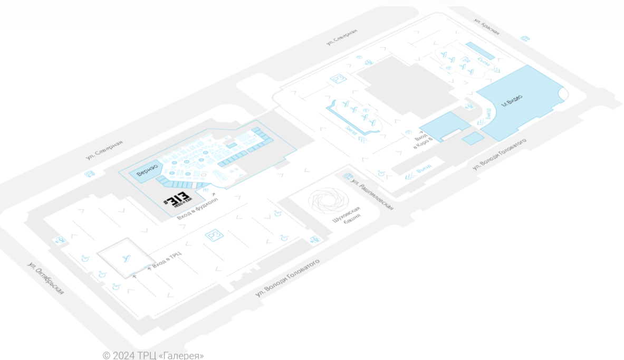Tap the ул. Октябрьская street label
46,277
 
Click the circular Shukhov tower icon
329,201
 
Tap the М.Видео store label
512,101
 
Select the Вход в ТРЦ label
167,260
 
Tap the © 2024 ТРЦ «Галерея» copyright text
153,355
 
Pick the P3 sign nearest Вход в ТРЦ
215,235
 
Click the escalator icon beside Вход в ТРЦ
125,258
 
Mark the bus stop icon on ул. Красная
524,38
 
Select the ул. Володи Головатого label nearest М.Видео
499,155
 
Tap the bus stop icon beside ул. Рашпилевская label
347,176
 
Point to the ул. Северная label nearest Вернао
105,150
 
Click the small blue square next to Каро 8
472,138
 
